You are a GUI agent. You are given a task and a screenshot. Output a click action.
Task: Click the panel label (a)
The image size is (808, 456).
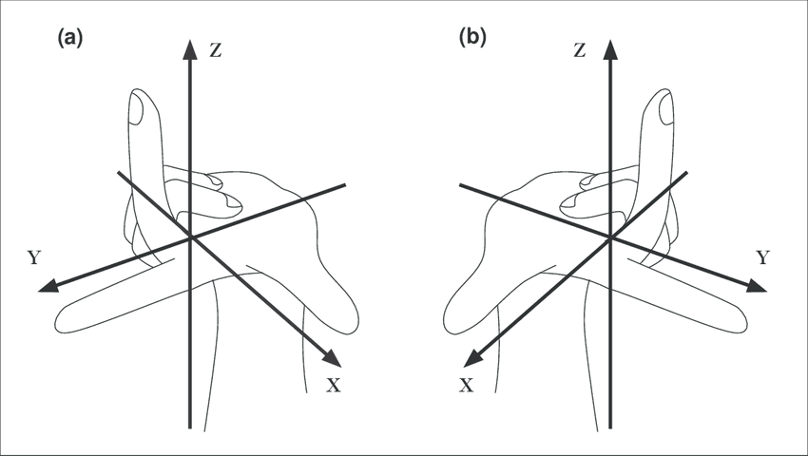tap(70, 38)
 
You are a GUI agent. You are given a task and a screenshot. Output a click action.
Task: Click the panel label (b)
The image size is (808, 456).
tap(472, 37)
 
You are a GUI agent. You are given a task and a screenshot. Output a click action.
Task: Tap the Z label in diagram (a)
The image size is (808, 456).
tap(216, 50)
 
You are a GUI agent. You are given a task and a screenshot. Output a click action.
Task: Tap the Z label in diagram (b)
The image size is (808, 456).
tap(580, 50)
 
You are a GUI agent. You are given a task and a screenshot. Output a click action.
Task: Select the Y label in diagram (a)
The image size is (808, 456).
tap(34, 257)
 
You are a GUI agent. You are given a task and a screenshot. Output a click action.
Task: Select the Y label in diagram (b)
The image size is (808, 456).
tap(762, 257)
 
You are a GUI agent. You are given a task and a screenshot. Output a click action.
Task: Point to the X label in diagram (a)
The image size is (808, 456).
tap(334, 385)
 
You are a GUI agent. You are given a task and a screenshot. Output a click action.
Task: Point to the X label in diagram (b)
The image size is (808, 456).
tap(466, 385)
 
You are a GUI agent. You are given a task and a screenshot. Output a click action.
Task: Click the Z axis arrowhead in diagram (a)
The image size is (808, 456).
tap(191, 49)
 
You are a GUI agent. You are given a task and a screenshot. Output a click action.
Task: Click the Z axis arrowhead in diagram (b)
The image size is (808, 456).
tap(610, 49)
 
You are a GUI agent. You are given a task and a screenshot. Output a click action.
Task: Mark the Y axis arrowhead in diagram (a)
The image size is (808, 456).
tap(48, 285)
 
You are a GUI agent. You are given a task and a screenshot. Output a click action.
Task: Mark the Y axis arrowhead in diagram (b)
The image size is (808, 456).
tap(756, 285)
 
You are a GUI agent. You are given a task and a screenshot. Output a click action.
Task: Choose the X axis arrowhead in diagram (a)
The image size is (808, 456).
tap(333, 358)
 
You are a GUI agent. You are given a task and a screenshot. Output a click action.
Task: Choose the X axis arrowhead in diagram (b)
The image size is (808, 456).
tap(473, 358)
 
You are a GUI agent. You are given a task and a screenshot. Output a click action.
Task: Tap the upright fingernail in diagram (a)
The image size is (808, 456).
tap(137, 111)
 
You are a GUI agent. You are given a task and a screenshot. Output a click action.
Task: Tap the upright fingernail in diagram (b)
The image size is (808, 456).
tap(665, 111)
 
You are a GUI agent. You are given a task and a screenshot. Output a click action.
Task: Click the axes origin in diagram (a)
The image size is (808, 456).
tap(191, 237)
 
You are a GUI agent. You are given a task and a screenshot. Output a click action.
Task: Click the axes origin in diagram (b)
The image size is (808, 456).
tap(610, 238)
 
